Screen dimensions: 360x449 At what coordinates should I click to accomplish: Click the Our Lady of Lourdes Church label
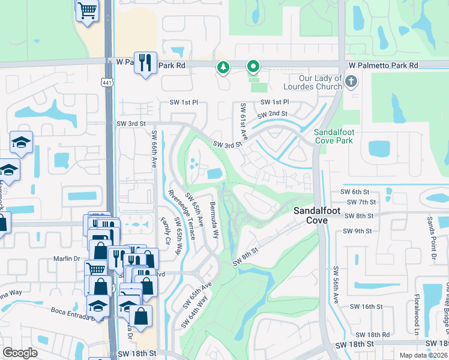[x=321, y=82]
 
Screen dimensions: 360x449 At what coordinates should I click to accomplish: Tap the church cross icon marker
[x=352, y=82]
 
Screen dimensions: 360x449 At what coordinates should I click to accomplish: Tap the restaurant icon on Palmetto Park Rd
[x=145, y=62]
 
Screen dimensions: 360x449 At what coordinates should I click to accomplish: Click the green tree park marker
[x=223, y=67]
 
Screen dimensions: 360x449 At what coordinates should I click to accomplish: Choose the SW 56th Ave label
[x=336, y=290]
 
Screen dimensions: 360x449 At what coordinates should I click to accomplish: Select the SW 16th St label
[x=368, y=307]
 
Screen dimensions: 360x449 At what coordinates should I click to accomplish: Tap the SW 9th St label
[x=357, y=231]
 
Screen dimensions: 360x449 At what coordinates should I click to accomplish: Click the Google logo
[x=20, y=353]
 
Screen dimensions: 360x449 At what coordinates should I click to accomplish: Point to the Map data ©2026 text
[x=423, y=355]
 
